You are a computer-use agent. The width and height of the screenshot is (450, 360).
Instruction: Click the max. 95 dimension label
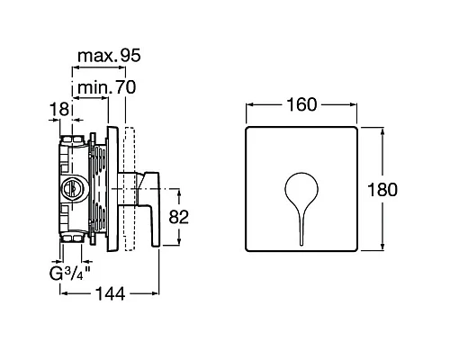click(109, 56)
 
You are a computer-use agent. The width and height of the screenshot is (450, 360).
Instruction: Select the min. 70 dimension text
click(106, 87)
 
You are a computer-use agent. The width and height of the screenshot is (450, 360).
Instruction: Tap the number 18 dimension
click(59, 109)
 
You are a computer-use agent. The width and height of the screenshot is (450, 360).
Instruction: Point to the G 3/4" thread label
click(70, 273)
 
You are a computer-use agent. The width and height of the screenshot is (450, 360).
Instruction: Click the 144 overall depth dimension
click(110, 293)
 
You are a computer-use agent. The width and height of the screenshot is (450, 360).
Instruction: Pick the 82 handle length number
click(179, 217)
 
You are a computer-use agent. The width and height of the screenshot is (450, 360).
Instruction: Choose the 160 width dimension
click(301, 104)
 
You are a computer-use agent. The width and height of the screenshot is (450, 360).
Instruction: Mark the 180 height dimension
click(382, 190)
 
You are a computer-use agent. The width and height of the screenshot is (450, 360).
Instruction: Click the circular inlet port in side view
click(72, 188)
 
